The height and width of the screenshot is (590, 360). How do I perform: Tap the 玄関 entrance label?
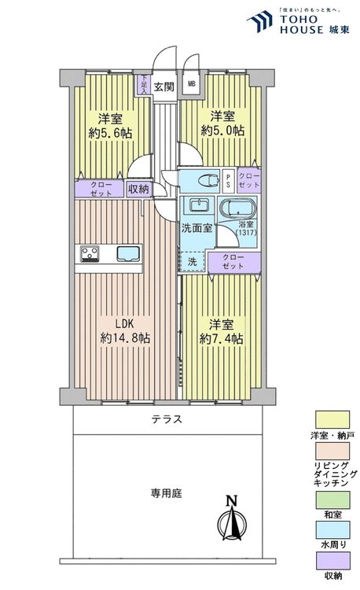pos(164,87)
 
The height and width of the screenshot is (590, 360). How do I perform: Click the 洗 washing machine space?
pos(193,261)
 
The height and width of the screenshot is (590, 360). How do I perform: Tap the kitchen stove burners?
pos(89,253)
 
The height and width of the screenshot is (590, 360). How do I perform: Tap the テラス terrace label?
pos(167,419)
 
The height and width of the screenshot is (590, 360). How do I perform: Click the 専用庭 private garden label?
pos(167,493)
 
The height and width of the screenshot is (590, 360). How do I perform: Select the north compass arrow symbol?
pos(230,520)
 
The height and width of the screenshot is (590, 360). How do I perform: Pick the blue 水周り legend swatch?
pos(333,529)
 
